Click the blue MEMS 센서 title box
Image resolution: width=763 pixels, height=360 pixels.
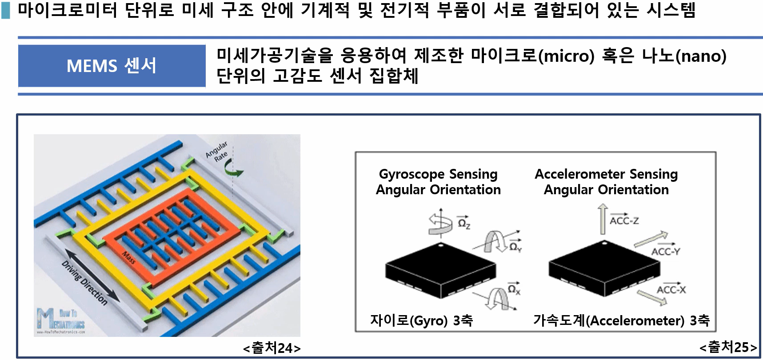tap(112, 66)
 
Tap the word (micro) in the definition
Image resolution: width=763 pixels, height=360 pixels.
tap(566, 56)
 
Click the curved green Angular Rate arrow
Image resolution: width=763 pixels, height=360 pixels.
tap(232, 168)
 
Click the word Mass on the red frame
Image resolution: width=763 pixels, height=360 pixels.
tap(129, 257)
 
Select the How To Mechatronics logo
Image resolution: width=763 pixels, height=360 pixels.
tap(60, 320)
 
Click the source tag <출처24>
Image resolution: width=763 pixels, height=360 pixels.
tap(272, 348)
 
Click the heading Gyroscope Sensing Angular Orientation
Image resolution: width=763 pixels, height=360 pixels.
tap(438, 182)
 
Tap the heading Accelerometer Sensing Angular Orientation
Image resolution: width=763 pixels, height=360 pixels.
tap(606, 182)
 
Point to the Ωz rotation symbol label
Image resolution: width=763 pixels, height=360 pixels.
tap(463, 223)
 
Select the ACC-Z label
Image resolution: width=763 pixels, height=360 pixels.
tap(624, 220)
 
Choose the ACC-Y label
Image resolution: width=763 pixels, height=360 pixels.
tap(665, 252)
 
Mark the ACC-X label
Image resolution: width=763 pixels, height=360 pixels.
tap(671, 290)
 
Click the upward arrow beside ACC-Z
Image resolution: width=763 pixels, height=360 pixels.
tap(602, 219)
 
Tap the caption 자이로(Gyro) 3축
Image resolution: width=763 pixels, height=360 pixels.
tap(421, 320)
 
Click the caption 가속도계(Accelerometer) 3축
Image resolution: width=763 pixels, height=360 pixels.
tap(621, 320)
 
